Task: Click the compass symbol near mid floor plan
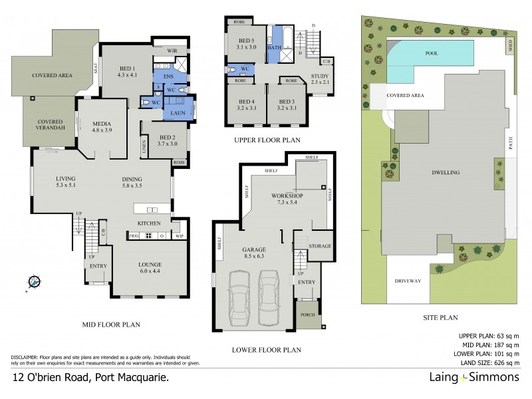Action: click(35, 282)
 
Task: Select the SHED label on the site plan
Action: click(511, 46)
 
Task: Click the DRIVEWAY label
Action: click(410, 281)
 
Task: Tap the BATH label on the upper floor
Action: click(274, 49)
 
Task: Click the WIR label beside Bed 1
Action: click(172, 51)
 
